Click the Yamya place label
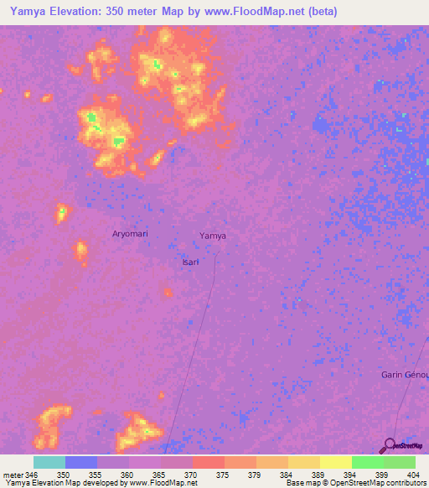click(213, 236)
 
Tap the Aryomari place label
click(130, 233)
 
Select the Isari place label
click(190, 262)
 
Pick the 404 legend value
click(409, 475)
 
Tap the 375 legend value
click(222, 475)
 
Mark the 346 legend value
click(32, 475)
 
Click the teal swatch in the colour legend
click(49, 462)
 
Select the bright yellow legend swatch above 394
click(335, 462)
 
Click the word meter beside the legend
click(12, 475)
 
